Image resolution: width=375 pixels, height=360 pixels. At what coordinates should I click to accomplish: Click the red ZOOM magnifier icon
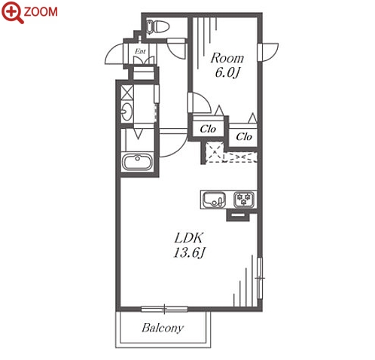(x=13, y=12)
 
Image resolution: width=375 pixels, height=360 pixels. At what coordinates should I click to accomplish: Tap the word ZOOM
(x=41, y=12)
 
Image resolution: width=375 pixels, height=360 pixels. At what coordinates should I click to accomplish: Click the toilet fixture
(x=157, y=27)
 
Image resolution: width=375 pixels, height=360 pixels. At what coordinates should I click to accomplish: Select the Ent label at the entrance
(x=140, y=51)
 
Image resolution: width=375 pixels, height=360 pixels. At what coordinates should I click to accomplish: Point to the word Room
(x=227, y=58)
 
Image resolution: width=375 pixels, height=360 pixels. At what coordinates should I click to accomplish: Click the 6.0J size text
(x=227, y=73)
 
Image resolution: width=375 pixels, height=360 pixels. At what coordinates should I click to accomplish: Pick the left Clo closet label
(x=208, y=129)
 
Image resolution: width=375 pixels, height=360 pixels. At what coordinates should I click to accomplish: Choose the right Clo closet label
(x=244, y=137)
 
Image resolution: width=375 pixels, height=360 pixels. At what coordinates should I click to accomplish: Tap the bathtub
(x=137, y=162)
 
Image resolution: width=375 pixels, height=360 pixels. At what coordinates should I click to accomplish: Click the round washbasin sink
(x=127, y=111)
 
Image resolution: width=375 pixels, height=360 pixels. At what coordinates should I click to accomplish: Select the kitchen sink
(x=214, y=200)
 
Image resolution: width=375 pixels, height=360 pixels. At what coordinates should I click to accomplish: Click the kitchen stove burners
(x=244, y=200)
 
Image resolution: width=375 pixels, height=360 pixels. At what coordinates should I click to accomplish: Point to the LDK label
(x=189, y=237)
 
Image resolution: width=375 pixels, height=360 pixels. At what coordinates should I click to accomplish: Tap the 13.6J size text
(x=189, y=253)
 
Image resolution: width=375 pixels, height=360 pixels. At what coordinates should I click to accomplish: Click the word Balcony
(x=163, y=328)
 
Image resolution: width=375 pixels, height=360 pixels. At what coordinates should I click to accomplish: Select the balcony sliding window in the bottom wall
(x=164, y=310)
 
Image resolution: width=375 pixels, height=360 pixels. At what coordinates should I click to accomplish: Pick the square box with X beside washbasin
(x=127, y=92)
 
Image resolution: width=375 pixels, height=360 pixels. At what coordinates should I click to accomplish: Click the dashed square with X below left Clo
(x=214, y=152)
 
